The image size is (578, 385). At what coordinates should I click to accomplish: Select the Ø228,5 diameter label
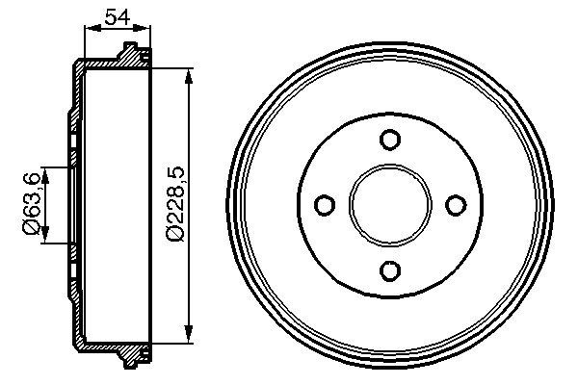click(174, 203)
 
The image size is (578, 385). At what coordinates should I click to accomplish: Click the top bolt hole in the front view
click(389, 141)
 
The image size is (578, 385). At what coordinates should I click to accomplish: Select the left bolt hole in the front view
click(325, 205)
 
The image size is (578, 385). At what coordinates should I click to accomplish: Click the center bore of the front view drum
click(389, 205)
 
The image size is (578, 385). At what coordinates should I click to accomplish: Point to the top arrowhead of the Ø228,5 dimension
click(191, 74)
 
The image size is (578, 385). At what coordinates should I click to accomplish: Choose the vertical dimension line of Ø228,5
click(191, 279)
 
